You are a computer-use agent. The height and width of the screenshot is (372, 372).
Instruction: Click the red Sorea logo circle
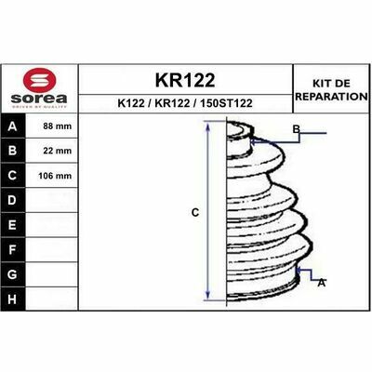tap(38, 82)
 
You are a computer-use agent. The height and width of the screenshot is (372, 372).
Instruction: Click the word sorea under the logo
tap(39, 98)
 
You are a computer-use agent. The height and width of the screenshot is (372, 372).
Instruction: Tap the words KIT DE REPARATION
tap(330, 90)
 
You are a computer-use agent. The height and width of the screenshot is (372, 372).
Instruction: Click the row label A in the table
tap(13, 126)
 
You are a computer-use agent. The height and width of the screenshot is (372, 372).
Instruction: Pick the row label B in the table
tap(13, 150)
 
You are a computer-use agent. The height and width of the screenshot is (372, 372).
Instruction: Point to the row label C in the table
tap(13, 175)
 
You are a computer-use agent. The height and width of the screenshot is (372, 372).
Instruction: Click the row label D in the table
tap(13, 200)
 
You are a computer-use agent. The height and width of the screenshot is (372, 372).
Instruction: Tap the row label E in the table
tap(13, 225)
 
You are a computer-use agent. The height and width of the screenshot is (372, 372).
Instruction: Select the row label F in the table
tap(13, 250)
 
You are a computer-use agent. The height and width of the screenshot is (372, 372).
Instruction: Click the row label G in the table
tap(13, 275)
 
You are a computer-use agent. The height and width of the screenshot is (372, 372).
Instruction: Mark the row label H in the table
tap(13, 299)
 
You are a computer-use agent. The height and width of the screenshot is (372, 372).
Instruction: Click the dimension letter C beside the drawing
tap(195, 213)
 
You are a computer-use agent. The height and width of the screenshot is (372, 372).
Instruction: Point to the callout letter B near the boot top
tap(296, 128)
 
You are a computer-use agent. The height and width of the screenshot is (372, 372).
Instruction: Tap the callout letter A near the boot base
tap(321, 282)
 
